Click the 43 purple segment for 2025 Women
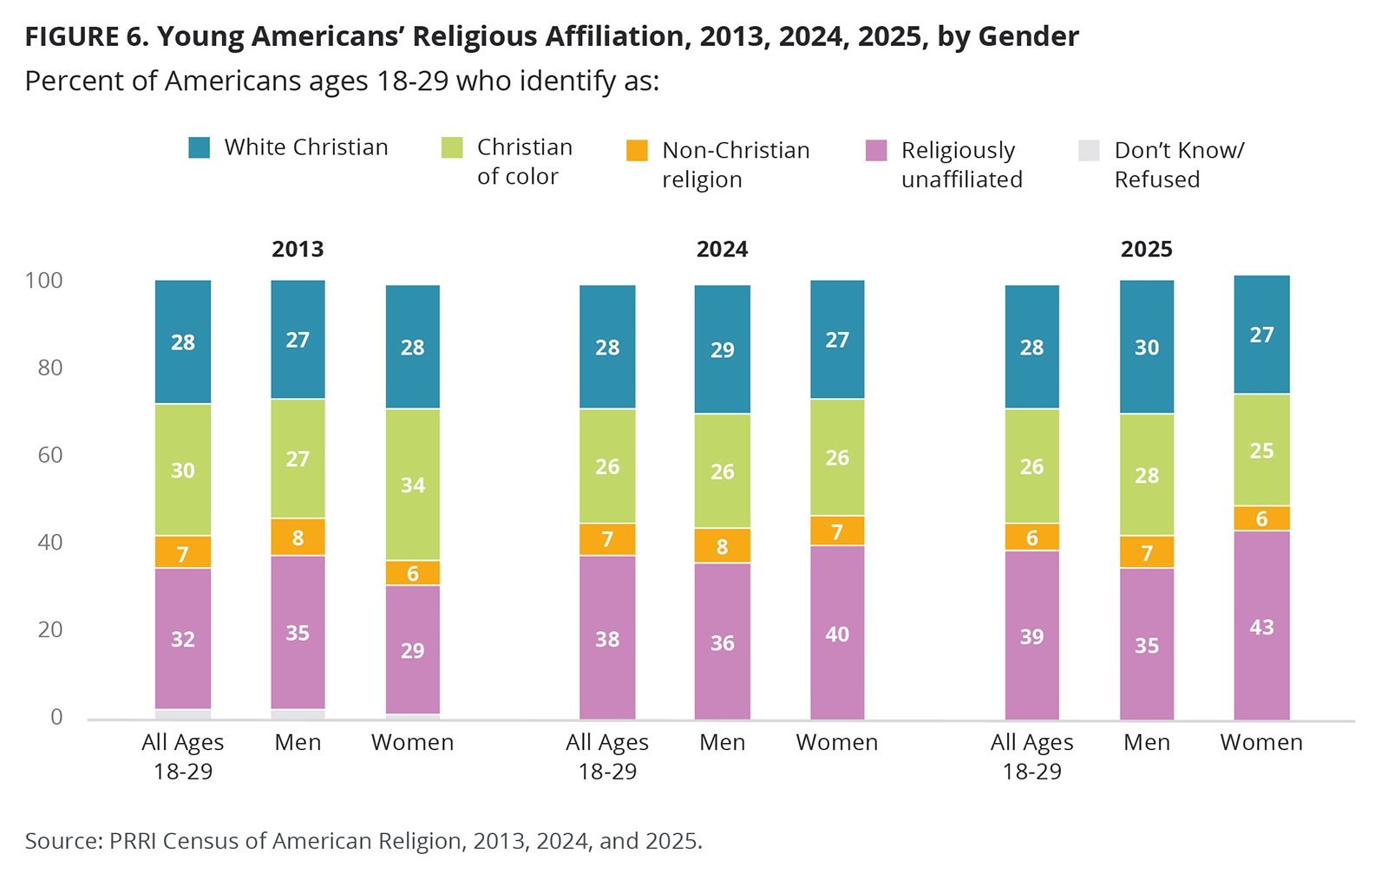tap(1261, 625)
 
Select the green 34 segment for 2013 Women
tap(412, 484)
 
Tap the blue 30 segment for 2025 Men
tap(1146, 347)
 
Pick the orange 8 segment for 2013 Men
tap(298, 537)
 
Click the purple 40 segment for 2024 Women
tap(837, 633)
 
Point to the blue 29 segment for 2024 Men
tap(722, 349)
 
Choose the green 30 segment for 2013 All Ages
tap(183, 470)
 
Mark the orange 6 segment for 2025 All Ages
tap(1031, 537)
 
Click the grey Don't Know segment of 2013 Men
tap(298, 714)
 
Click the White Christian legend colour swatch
tap(200, 147)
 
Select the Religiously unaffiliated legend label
tap(961, 165)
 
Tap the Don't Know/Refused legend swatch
tap(1089, 150)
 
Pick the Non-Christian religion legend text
tap(736, 165)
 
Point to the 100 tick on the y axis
tap(44, 280)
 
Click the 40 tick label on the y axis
tap(50, 542)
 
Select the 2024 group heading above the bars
tap(722, 250)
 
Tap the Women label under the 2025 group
tap(1261, 743)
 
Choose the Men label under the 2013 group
tap(298, 743)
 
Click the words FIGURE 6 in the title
tap(85, 37)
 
